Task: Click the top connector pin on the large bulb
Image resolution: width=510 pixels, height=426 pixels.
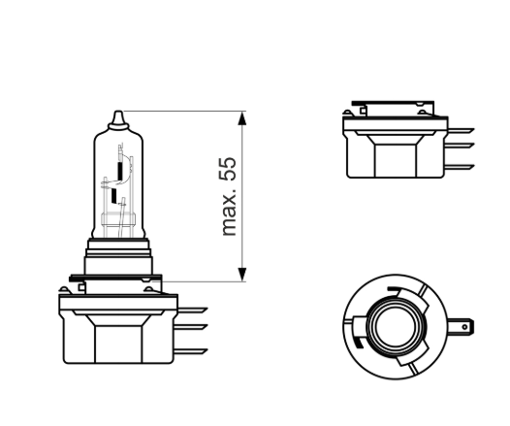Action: pyautogui.click(x=193, y=311)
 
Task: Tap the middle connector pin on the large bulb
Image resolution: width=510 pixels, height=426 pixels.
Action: pyautogui.click(x=193, y=330)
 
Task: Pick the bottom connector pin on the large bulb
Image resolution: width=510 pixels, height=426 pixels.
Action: pyautogui.click(x=193, y=351)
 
